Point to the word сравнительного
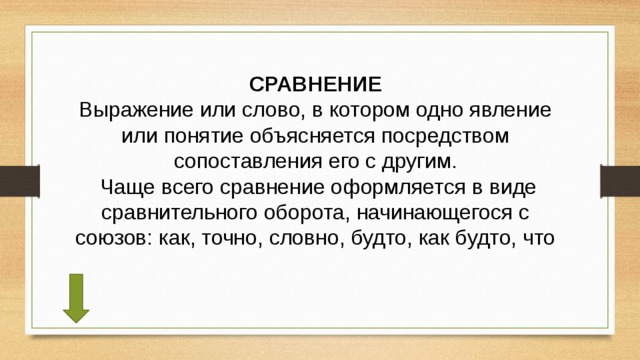coord(170,213)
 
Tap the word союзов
coord(111,239)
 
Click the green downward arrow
coord(76,297)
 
